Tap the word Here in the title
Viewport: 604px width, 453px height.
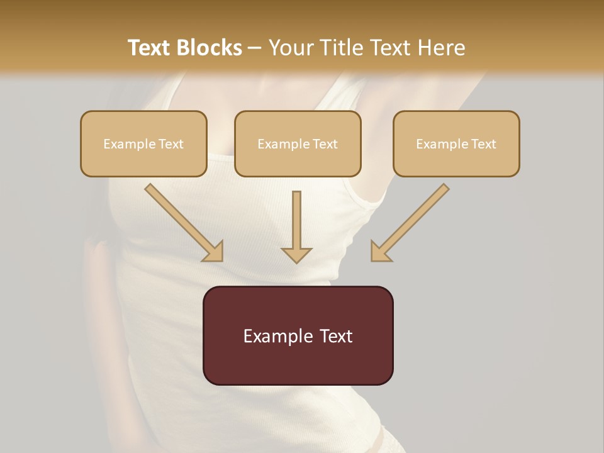pyautogui.click(x=441, y=48)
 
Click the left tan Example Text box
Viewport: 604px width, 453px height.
pyautogui.click(x=143, y=143)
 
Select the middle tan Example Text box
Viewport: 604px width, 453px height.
pyautogui.click(x=298, y=143)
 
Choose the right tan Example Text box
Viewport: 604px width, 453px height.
pyautogui.click(x=456, y=143)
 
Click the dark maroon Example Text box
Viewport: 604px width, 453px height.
pyautogui.click(x=298, y=335)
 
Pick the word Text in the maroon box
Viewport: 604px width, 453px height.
pyautogui.click(x=337, y=336)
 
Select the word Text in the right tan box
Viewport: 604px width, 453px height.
pyautogui.click(x=483, y=144)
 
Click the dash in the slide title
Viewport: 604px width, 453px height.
pyautogui.click(x=255, y=48)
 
